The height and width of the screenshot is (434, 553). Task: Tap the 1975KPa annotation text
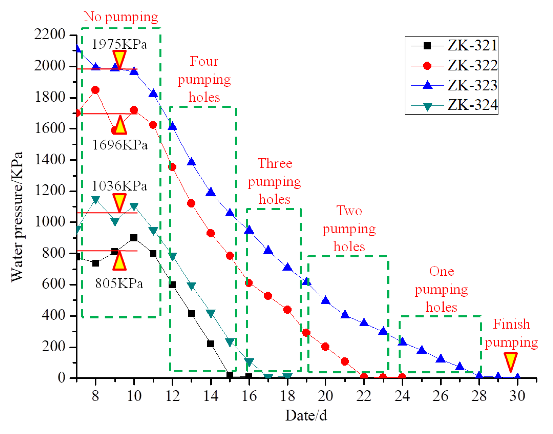click(119, 44)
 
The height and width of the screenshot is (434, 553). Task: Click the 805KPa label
click(119, 283)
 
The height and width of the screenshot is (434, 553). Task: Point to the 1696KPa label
click(120, 145)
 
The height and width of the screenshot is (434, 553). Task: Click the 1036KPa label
click(119, 186)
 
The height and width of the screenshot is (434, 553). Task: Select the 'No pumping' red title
click(121, 17)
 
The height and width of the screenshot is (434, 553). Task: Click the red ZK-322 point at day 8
click(95, 90)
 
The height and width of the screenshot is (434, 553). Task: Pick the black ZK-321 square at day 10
click(134, 238)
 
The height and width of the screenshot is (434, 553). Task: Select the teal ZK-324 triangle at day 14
click(211, 313)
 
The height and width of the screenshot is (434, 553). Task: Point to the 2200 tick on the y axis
click(50, 34)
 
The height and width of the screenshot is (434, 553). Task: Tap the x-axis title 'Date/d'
click(306, 416)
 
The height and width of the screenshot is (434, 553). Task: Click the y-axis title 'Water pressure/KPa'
click(17, 217)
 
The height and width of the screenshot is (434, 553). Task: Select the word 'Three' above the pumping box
click(275, 163)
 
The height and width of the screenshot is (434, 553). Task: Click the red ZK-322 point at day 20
click(325, 347)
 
